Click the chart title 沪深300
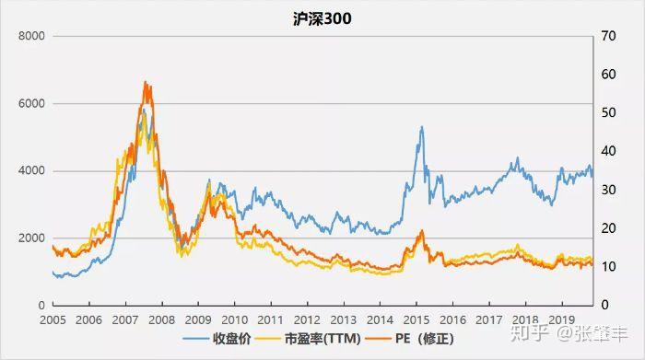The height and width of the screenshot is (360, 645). click(x=322, y=17)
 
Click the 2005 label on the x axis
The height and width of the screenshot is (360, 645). click(x=53, y=319)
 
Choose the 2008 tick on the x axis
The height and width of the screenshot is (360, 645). click(x=161, y=319)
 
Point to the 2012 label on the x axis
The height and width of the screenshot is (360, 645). click(x=306, y=319)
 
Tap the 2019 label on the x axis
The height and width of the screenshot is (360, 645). click(x=559, y=319)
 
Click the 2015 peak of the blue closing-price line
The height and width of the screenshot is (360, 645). click(x=421, y=127)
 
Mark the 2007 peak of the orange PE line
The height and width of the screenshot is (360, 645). click(x=146, y=82)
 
